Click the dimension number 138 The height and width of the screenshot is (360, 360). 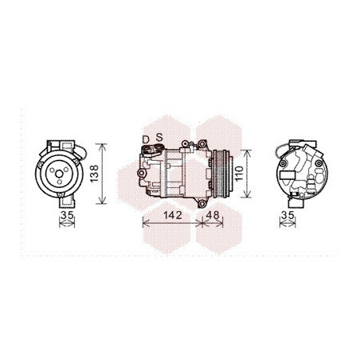click(94, 174)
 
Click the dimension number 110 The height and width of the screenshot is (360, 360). click(239, 174)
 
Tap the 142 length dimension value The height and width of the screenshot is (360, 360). click(173, 215)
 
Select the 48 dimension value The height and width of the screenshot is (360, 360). click(213, 215)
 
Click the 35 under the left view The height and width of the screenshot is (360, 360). click(67, 215)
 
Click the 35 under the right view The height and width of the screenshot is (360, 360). click(288, 215)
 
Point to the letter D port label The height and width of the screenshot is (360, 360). click(146, 139)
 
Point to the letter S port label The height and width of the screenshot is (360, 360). click(159, 138)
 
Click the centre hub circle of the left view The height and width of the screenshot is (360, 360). click(59, 174)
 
